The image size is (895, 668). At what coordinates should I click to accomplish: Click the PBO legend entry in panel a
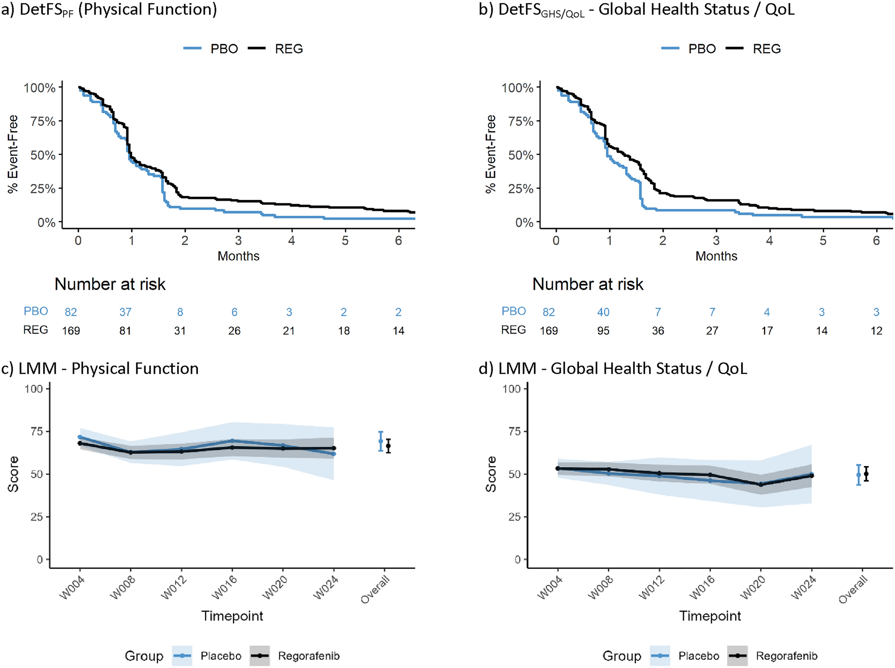(x=212, y=49)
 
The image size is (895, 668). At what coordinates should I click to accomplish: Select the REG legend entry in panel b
(x=754, y=49)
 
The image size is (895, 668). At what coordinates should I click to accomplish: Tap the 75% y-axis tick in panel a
(x=43, y=121)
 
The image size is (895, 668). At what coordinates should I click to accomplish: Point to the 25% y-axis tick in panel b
(x=521, y=189)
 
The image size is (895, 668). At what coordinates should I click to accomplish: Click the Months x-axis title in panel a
(x=238, y=256)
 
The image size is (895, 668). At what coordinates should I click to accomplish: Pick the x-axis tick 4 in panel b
(x=770, y=240)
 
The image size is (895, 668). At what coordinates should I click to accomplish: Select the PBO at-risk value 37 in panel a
(x=125, y=312)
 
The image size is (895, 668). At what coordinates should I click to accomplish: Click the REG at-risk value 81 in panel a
(x=125, y=331)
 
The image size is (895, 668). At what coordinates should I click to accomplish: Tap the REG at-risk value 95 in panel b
(x=603, y=331)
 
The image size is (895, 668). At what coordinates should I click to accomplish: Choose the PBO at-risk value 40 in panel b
(x=603, y=312)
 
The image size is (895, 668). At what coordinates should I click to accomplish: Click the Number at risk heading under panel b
(x=588, y=284)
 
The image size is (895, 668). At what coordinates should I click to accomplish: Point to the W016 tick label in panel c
(x=224, y=588)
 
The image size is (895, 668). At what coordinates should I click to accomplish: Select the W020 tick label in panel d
(x=752, y=588)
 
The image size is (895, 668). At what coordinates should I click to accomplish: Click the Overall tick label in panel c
(x=375, y=589)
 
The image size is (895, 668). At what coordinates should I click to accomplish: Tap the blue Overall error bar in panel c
(x=381, y=441)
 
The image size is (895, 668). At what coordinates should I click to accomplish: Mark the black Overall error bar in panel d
(x=866, y=474)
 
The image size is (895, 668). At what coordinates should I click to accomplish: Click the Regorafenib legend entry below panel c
(x=296, y=656)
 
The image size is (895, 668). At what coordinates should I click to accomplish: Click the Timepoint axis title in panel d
(x=710, y=616)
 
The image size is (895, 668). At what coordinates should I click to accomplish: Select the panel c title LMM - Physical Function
(x=100, y=368)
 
